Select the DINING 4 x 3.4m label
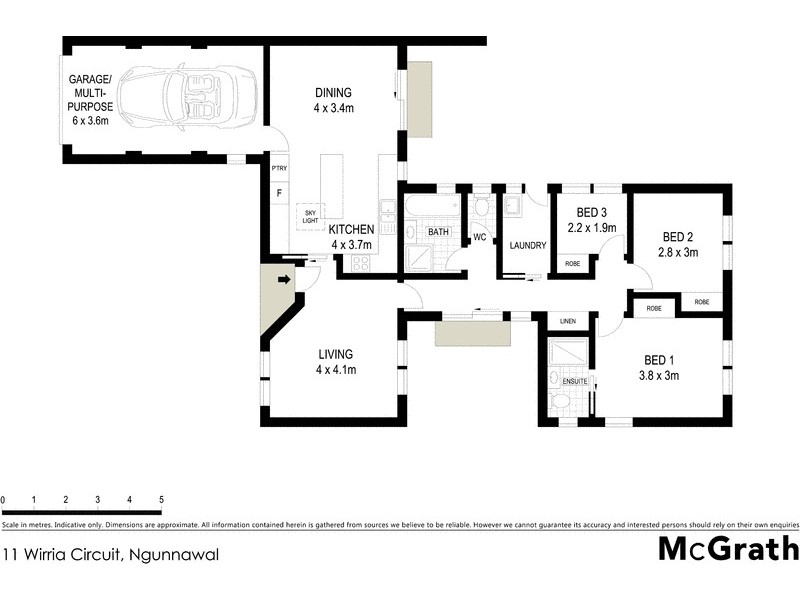click(335, 100)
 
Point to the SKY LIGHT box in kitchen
click(310, 216)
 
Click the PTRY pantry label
click(279, 168)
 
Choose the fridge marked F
click(279, 192)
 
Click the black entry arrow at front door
click(284, 280)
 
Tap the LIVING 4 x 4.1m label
click(337, 361)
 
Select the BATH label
click(438, 232)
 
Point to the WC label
click(479, 237)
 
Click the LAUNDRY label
click(526, 245)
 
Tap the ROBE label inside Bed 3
click(572, 263)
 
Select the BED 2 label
click(679, 237)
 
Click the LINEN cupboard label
click(568, 320)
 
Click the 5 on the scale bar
click(161, 499)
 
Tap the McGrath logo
click(727, 549)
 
